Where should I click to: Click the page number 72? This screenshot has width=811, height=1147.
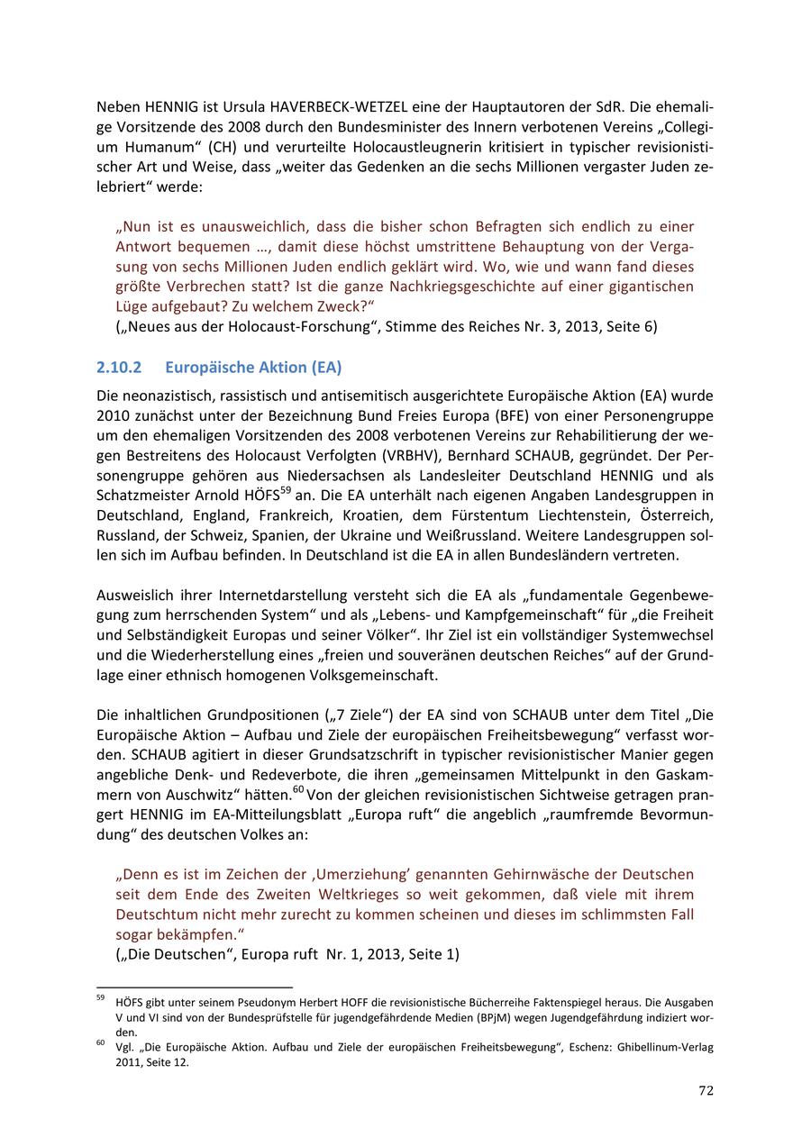tap(706, 1090)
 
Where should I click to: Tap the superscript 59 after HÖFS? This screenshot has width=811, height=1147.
tap(287, 491)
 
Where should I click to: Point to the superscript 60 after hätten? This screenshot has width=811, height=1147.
tap(298, 789)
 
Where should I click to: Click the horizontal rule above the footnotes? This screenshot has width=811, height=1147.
tap(195, 987)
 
